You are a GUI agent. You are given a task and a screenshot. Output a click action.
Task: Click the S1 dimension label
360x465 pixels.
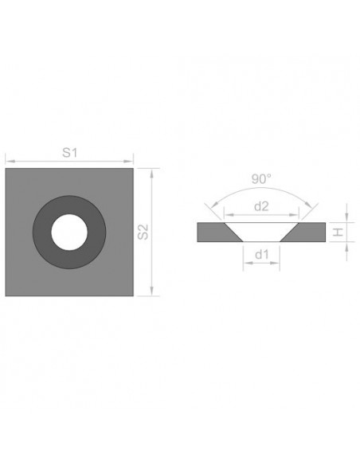point(68,154)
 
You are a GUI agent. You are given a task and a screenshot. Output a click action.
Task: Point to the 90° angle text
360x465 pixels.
point(260,180)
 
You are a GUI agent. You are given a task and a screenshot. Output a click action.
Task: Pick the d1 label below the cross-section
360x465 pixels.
point(260,255)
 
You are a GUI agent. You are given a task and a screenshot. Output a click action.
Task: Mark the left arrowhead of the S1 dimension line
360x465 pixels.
point(8,162)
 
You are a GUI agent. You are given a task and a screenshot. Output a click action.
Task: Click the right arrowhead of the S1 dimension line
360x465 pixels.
point(131,162)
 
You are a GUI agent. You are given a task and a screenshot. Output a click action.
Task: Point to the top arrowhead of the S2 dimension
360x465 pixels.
point(151,170)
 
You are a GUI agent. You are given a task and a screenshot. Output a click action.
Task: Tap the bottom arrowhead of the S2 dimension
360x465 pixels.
point(151,294)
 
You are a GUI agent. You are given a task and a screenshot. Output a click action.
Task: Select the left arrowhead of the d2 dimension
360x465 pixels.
point(225,216)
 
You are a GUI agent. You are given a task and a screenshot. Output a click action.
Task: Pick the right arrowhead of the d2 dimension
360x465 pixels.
point(296,216)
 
